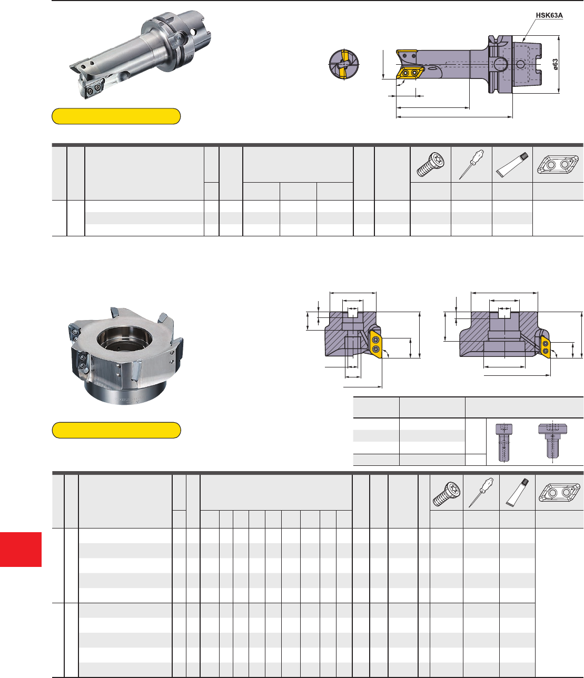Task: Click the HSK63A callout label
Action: click(x=549, y=15)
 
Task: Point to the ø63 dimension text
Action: click(x=555, y=64)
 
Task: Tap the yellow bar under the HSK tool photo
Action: click(x=116, y=116)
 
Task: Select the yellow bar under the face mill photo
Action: click(x=116, y=430)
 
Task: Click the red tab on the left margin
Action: click(x=21, y=550)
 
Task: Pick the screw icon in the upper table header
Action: click(x=430, y=165)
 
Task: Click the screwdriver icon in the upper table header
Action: click(x=471, y=164)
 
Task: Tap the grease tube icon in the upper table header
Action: click(x=512, y=165)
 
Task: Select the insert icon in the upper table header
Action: click(x=558, y=164)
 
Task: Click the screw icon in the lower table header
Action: click(x=447, y=494)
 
